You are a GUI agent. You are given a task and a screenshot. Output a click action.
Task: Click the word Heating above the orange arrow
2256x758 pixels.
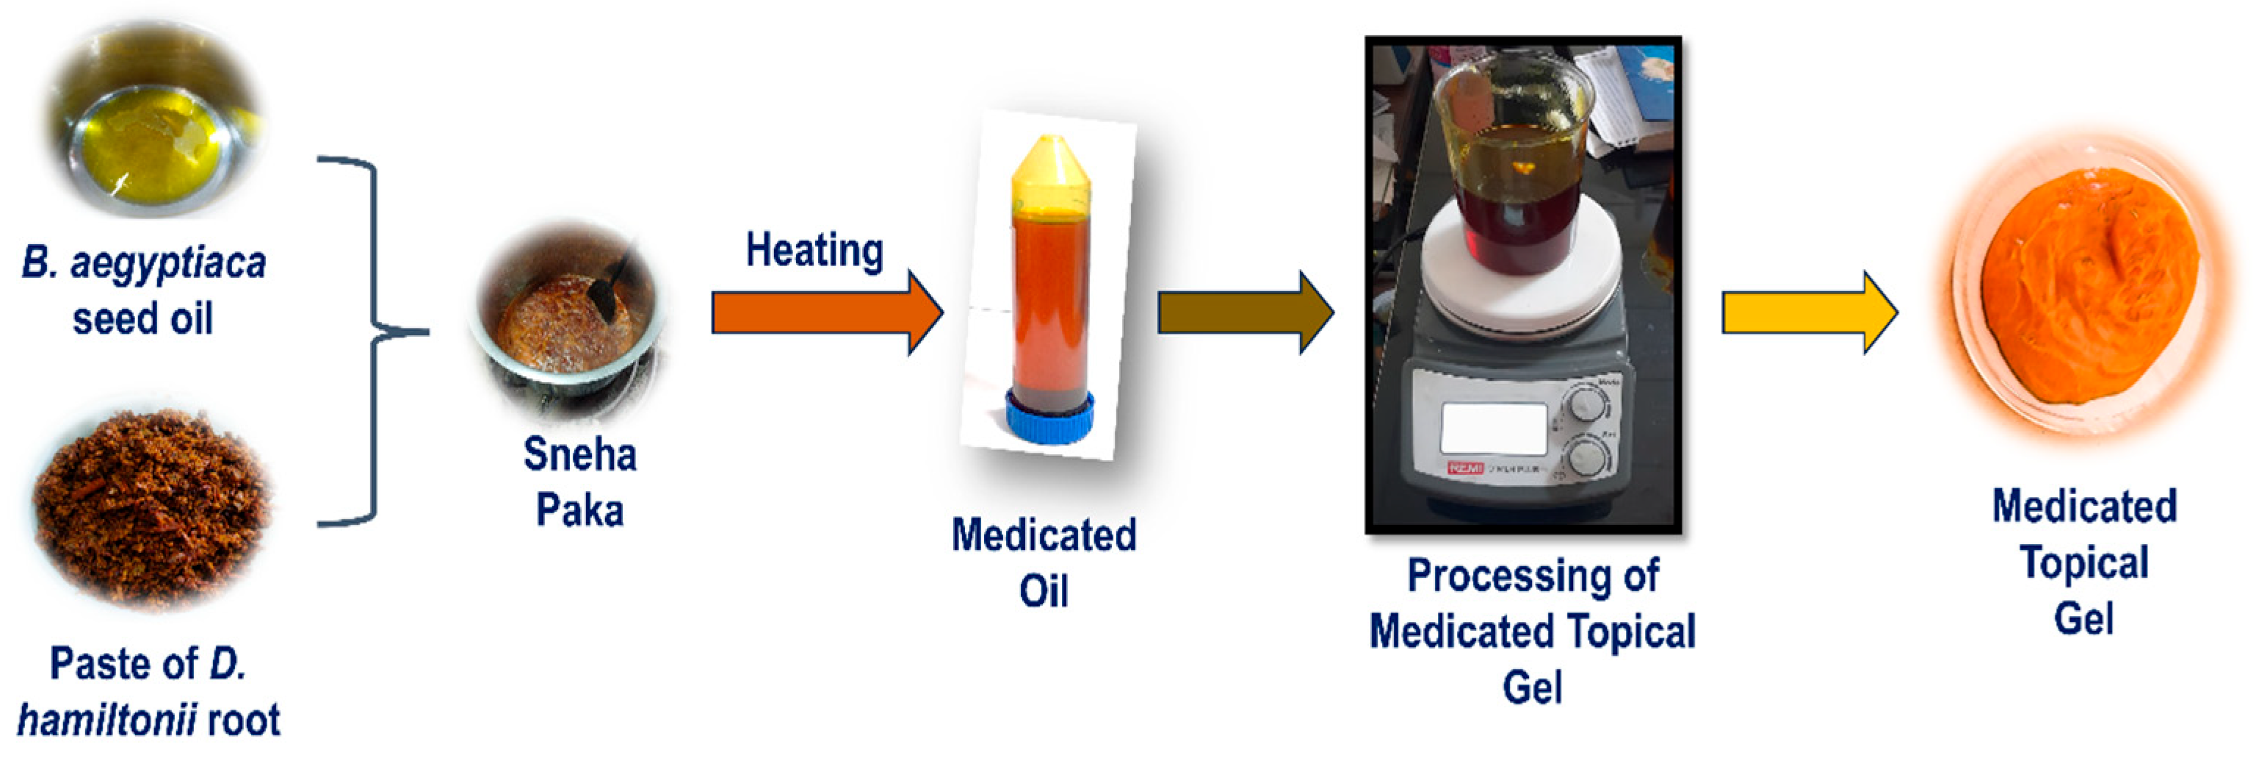click(x=814, y=251)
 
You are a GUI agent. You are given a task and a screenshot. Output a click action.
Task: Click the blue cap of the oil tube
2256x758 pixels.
click(x=1049, y=418)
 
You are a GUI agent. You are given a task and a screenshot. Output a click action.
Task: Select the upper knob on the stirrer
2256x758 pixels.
click(x=1586, y=404)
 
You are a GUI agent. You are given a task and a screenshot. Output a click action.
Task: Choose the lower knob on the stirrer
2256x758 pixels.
click(x=1586, y=457)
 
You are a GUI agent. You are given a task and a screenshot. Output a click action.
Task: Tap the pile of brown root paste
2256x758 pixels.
click(x=153, y=508)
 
